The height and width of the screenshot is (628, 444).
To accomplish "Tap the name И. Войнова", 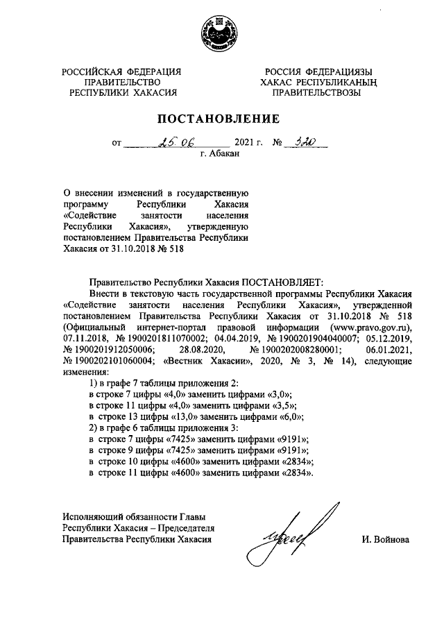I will coord(386,539).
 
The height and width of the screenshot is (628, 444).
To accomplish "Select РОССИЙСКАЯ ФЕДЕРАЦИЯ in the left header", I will coord(122,71).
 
